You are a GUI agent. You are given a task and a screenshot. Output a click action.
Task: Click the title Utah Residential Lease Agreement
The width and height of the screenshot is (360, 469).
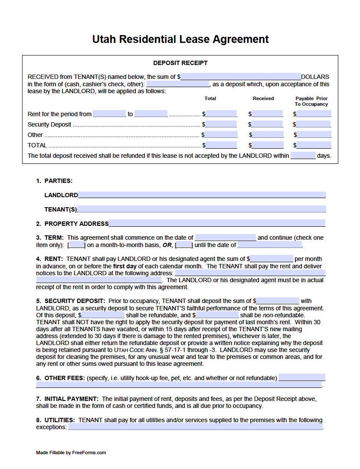[180, 39]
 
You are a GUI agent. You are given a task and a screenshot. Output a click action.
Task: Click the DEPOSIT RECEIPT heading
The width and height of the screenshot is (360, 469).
[180, 63]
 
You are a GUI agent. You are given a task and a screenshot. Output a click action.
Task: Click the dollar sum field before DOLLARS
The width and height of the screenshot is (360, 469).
[241, 77]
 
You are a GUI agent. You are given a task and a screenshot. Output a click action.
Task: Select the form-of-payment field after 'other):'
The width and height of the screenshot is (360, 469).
[178, 84]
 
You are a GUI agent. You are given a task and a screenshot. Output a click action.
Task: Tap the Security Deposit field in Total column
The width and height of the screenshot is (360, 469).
[221, 124]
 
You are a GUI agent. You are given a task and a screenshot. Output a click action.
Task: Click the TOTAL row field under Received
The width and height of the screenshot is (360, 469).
[268, 145]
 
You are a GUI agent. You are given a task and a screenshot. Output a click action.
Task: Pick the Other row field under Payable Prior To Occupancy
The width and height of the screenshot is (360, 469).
[314, 135]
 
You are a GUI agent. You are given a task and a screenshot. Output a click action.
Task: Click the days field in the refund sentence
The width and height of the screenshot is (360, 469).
[303, 156]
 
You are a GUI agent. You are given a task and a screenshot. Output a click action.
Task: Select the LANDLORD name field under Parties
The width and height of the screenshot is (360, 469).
[202, 195]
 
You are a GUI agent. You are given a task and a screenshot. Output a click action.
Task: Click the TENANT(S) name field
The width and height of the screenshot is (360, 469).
[201, 209]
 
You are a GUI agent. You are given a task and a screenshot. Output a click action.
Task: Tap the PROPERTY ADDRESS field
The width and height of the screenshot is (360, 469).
[217, 224]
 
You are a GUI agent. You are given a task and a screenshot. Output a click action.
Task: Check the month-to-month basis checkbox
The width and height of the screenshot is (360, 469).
[77, 245]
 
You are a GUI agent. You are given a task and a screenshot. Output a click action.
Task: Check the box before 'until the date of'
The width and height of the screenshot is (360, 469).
[184, 245]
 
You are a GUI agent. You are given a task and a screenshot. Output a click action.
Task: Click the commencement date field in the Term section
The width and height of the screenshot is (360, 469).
[225, 238]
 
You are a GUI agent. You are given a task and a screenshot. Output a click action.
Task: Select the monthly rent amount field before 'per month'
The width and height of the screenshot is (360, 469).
[272, 259]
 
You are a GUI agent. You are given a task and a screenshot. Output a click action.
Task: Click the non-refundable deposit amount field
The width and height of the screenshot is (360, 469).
[217, 315]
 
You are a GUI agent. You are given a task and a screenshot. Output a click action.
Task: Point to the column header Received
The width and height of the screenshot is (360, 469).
[263, 99]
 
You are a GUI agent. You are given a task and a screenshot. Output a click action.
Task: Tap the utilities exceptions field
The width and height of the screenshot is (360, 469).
[195, 427]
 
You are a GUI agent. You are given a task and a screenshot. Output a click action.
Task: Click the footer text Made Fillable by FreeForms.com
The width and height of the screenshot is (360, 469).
[71, 453]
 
